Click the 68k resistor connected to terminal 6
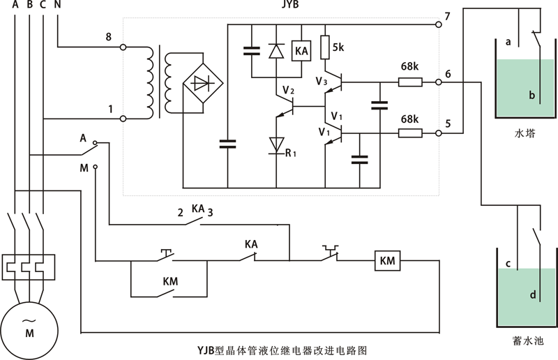(409, 82)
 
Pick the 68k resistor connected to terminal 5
(409, 132)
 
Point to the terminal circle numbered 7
(438, 24)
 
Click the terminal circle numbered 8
(123, 47)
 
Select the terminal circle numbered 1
(123, 119)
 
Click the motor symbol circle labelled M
(29, 327)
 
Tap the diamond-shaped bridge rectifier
(202, 83)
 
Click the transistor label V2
(289, 90)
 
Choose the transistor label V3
(321, 82)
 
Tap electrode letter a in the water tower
(509, 42)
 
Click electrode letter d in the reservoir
(533, 294)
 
